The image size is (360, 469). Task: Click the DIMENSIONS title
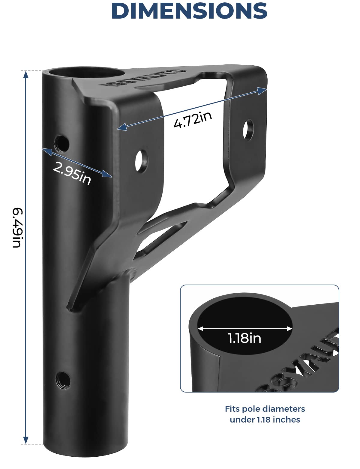pos(189,11)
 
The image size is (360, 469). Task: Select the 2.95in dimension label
pos(72,174)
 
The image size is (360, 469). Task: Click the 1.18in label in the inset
pos(244,338)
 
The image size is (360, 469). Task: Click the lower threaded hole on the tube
pos(63,380)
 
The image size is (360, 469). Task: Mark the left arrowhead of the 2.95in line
pos(46,151)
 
